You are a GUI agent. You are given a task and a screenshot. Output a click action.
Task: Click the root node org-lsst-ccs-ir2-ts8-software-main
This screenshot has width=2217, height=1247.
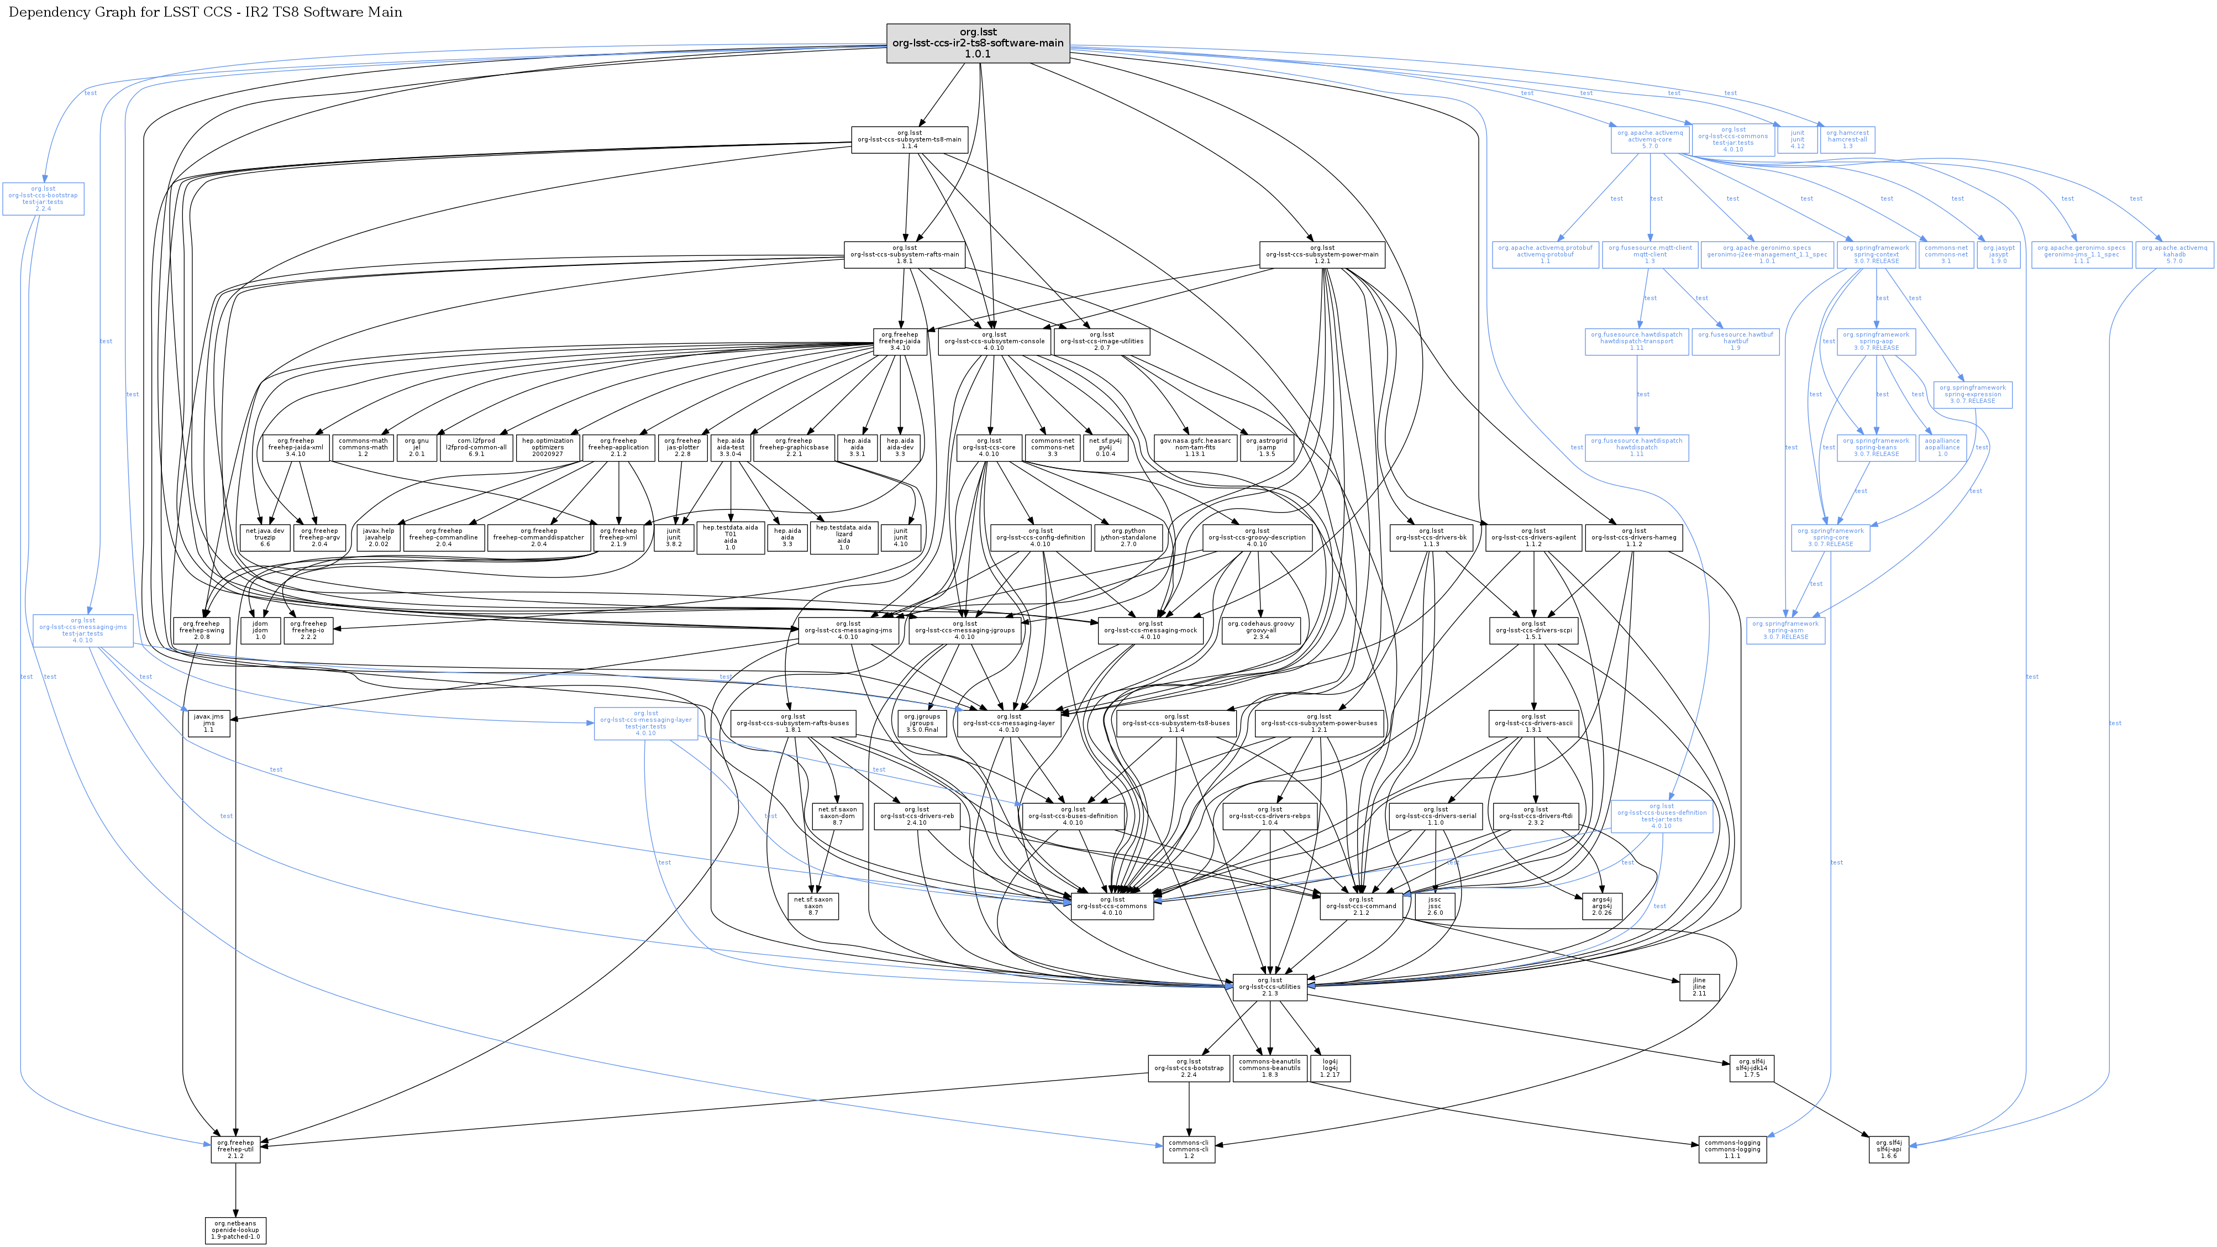pos(978,43)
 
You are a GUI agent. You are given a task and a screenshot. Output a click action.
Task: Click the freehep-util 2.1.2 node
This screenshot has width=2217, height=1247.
pos(235,1149)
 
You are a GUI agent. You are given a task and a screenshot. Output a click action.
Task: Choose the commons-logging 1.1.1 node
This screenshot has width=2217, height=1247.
pos(1732,1149)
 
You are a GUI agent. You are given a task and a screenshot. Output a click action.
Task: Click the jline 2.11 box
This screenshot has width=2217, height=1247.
pos(1699,987)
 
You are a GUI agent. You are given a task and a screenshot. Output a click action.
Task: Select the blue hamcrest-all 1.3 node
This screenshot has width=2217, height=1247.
pos(1847,139)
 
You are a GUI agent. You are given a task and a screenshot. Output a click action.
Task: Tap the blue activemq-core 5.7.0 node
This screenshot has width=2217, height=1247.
pos(1650,139)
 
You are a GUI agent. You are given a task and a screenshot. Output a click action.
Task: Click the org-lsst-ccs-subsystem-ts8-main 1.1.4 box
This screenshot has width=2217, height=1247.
pos(909,139)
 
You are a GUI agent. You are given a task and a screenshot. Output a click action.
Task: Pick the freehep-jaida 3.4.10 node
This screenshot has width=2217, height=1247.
pos(899,341)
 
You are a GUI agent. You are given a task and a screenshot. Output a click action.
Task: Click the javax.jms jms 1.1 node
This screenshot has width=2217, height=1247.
pos(208,723)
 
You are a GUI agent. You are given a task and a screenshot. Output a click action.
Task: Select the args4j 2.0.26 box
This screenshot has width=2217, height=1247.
pos(1601,906)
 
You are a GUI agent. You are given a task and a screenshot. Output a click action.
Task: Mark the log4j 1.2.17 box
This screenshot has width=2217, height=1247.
pos(1329,1068)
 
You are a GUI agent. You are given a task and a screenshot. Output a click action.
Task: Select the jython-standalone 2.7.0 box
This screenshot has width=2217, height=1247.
pos(1128,537)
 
